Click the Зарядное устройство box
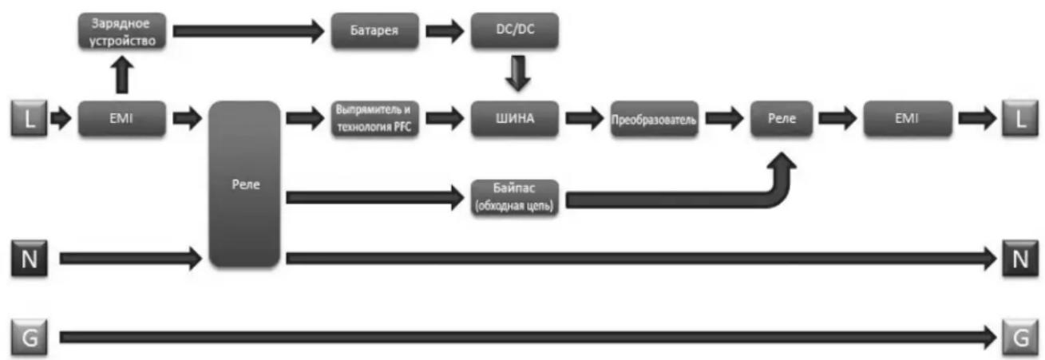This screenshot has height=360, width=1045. point(122,31)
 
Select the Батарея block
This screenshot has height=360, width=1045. point(375,31)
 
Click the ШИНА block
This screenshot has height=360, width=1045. point(515,118)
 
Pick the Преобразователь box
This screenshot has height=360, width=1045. point(655,119)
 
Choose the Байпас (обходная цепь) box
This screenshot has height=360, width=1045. point(515,198)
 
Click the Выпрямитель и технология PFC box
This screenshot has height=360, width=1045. point(375,118)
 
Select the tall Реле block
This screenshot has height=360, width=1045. point(244,184)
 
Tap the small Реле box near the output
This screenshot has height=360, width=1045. point(782,118)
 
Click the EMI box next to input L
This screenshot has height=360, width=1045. point(122,118)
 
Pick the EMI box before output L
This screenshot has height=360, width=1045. point(908,118)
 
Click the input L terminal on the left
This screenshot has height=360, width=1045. point(29,118)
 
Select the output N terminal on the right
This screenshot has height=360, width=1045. point(1020,259)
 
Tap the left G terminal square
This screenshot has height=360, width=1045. point(29,337)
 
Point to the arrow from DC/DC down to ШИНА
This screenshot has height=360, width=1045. point(518,73)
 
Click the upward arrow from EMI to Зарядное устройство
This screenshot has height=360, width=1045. point(122,75)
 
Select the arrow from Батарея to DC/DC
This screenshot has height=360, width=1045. point(445,31)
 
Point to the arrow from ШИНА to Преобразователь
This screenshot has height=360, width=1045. point(584,118)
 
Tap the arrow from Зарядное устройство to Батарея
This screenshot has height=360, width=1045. point(248,31)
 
